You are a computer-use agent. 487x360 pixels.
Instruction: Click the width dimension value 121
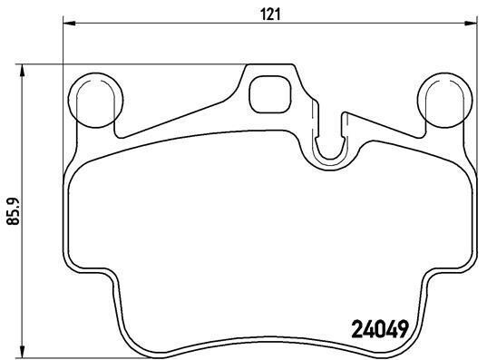270,15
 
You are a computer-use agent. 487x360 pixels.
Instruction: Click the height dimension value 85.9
14,211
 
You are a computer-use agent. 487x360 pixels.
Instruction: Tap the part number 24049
379,329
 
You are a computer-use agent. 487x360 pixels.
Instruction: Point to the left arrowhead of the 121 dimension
69,23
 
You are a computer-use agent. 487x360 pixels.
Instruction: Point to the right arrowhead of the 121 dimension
471,23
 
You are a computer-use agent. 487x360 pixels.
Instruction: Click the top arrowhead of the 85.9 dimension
22,71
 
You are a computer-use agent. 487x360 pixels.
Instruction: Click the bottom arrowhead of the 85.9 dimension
22,352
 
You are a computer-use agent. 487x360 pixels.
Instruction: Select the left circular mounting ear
95,100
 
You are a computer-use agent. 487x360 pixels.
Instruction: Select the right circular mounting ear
444,100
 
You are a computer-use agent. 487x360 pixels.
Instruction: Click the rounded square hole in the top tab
270,94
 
